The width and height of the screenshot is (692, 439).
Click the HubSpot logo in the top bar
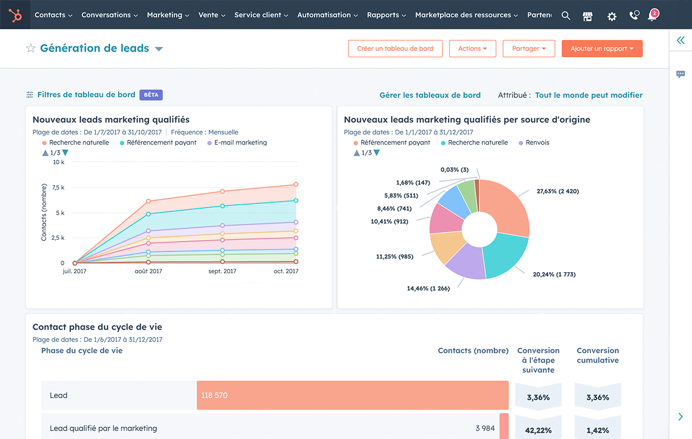click(x=15, y=15)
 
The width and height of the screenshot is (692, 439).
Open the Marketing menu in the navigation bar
click(x=168, y=15)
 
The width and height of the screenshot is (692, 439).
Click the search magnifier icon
click(x=565, y=16)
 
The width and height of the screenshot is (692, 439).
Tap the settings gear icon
click(x=611, y=16)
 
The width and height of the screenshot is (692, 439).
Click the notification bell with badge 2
click(x=653, y=16)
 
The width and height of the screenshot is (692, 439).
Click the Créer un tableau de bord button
click(x=395, y=49)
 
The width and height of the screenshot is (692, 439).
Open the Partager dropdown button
click(x=529, y=49)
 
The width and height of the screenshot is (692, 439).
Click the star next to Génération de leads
click(x=31, y=49)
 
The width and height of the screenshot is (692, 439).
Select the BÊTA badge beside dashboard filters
click(x=151, y=95)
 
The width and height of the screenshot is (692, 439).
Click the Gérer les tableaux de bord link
click(x=430, y=95)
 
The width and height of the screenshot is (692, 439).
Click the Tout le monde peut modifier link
click(x=589, y=95)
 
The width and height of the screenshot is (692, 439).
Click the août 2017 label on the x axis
click(x=148, y=271)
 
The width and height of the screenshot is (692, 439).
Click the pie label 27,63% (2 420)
click(x=557, y=191)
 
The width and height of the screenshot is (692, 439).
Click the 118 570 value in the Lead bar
click(x=214, y=395)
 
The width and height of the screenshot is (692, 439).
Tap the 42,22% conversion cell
click(x=538, y=430)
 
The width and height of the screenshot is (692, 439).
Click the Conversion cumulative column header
click(x=597, y=355)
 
